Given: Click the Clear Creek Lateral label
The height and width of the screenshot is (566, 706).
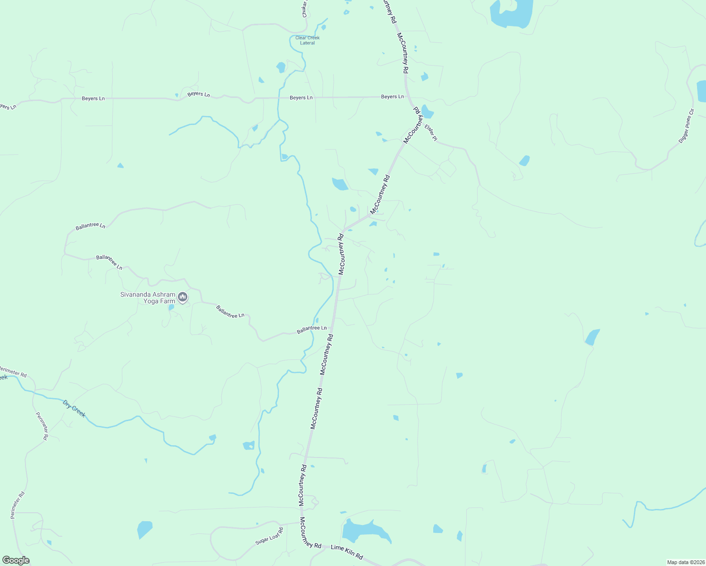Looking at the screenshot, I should click(x=307, y=40).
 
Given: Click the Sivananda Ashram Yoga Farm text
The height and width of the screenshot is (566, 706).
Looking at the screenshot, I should click(x=148, y=298).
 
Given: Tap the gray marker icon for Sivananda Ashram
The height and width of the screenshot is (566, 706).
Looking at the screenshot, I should click(x=183, y=297).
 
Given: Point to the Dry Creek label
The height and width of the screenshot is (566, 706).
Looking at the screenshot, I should click(x=75, y=408).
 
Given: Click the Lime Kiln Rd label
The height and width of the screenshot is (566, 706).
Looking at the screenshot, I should click(x=346, y=551).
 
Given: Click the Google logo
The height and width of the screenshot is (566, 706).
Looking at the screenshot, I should click(x=16, y=560).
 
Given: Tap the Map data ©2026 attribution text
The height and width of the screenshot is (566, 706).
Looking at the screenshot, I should click(x=685, y=562).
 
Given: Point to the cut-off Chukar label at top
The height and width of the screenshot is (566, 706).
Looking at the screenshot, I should click(x=305, y=9).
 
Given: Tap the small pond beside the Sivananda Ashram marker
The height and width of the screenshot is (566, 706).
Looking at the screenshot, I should click(x=171, y=307).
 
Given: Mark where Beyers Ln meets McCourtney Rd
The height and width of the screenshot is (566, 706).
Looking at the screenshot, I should click(x=407, y=97).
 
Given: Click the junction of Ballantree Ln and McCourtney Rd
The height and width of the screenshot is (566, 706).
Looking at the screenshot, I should click(x=332, y=328).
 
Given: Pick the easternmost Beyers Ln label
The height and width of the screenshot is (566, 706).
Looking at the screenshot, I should click(x=392, y=97).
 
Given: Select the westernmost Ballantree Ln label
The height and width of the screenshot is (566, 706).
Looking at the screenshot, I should click(x=90, y=226).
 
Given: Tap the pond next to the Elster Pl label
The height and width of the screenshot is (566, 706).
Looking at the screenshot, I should click(x=427, y=112).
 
